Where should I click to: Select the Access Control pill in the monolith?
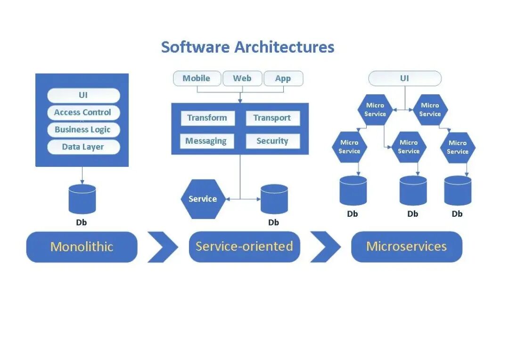pyautogui.click(x=83, y=112)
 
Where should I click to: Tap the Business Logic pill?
pyautogui.click(x=83, y=130)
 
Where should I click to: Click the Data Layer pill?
pyautogui.click(x=83, y=147)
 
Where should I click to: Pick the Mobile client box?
pyautogui.click(x=197, y=78)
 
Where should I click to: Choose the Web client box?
pyautogui.click(x=242, y=78)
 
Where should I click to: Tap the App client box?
pyautogui.click(x=283, y=78)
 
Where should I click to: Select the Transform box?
pyautogui.click(x=207, y=118)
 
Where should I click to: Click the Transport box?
pyautogui.click(x=272, y=118)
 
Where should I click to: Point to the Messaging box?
pyautogui.click(x=207, y=141)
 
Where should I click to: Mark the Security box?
pyautogui.click(x=273, y=141)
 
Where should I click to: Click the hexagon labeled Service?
pyautogui.click(x=203, y=199)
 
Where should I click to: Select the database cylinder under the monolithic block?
pyautogui.click(x=82, y=199)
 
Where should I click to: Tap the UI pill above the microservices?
pyautogui.click(x=405, y=78)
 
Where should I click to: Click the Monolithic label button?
pyautogui.click(x=82, y=247)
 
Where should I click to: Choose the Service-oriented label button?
pyautogui.click(x=245, y=247)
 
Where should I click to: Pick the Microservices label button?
pyautogui.click(x=407, y=247)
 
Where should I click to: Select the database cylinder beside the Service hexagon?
pyautogui.click(x=274, y=199)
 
